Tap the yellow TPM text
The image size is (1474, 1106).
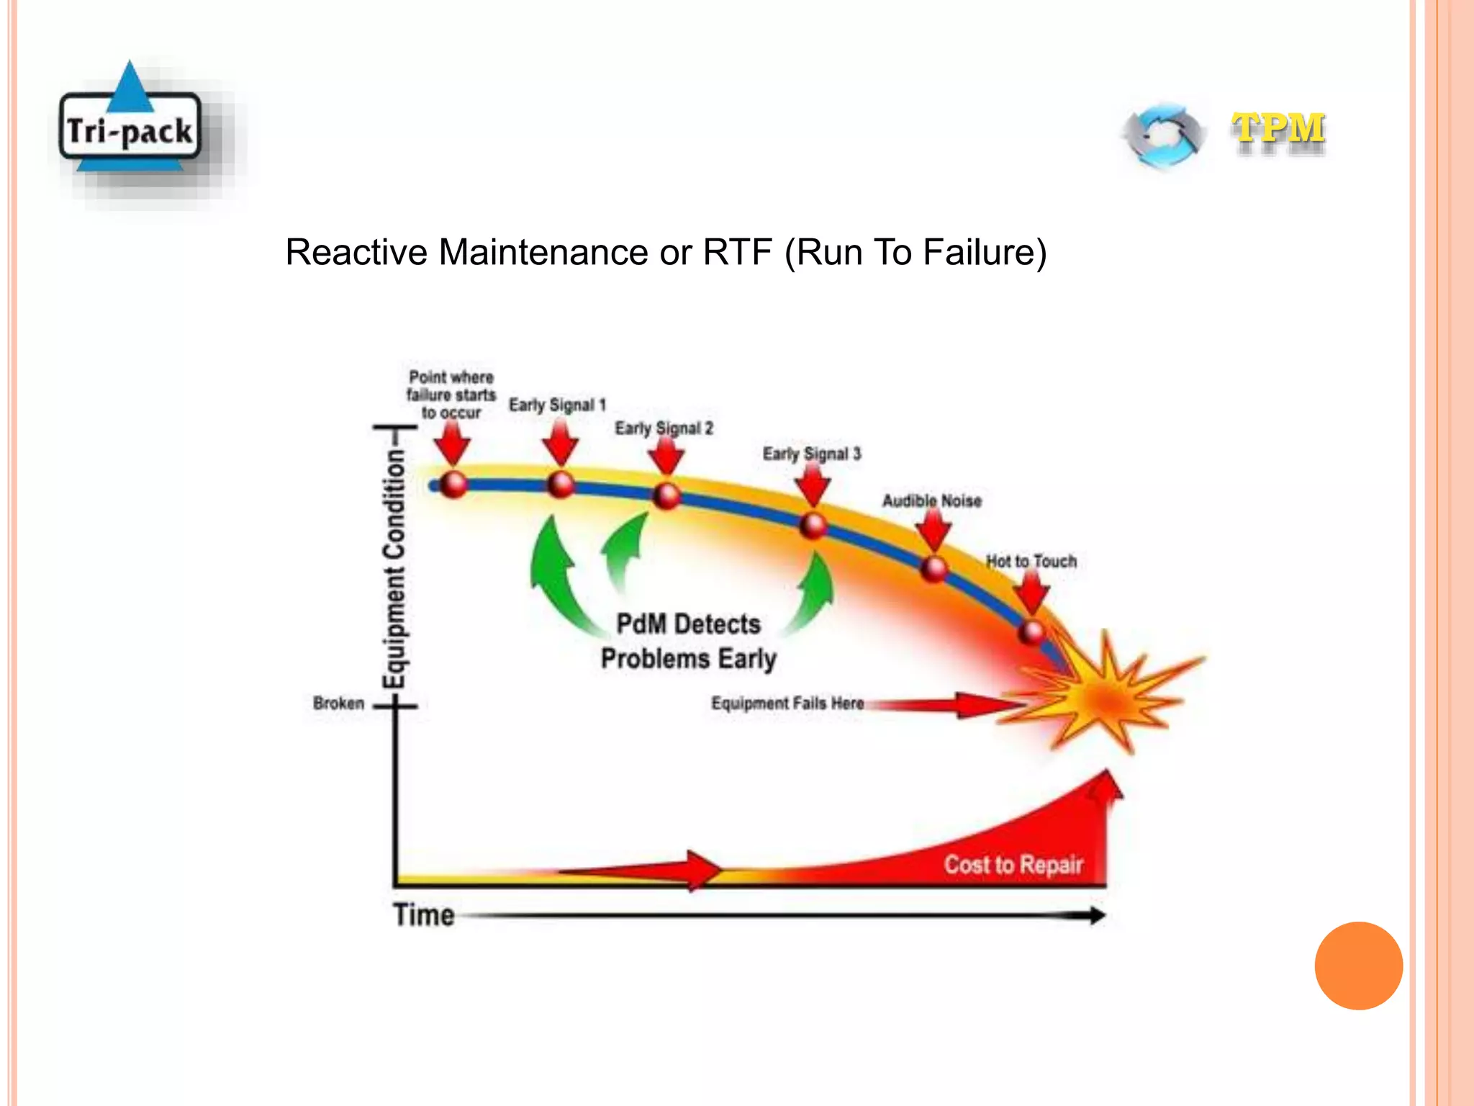tap(1278, 130)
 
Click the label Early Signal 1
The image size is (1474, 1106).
tap(557, 405)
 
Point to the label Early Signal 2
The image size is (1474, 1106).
tap(664, 428)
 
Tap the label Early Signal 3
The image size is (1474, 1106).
tap(811, 454)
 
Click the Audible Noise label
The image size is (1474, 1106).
tap(931, 500)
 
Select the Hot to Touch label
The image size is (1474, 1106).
tap(1031, 561)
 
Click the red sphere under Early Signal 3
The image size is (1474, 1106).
tap(813, 526)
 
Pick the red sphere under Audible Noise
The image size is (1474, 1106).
tap(934, 569)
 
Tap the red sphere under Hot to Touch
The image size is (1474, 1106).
tap(1032, 632)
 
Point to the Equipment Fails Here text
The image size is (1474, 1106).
tap(787, 703)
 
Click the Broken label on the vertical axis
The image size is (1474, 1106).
tap(338, 703)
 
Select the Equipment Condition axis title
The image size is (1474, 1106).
tap(394, 569)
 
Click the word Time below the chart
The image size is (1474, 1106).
tap(423, 915)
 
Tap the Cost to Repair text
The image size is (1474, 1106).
tap(1013, 864)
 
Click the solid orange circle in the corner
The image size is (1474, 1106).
tap(1358, 966)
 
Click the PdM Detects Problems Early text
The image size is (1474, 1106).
tap(688, 641)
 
